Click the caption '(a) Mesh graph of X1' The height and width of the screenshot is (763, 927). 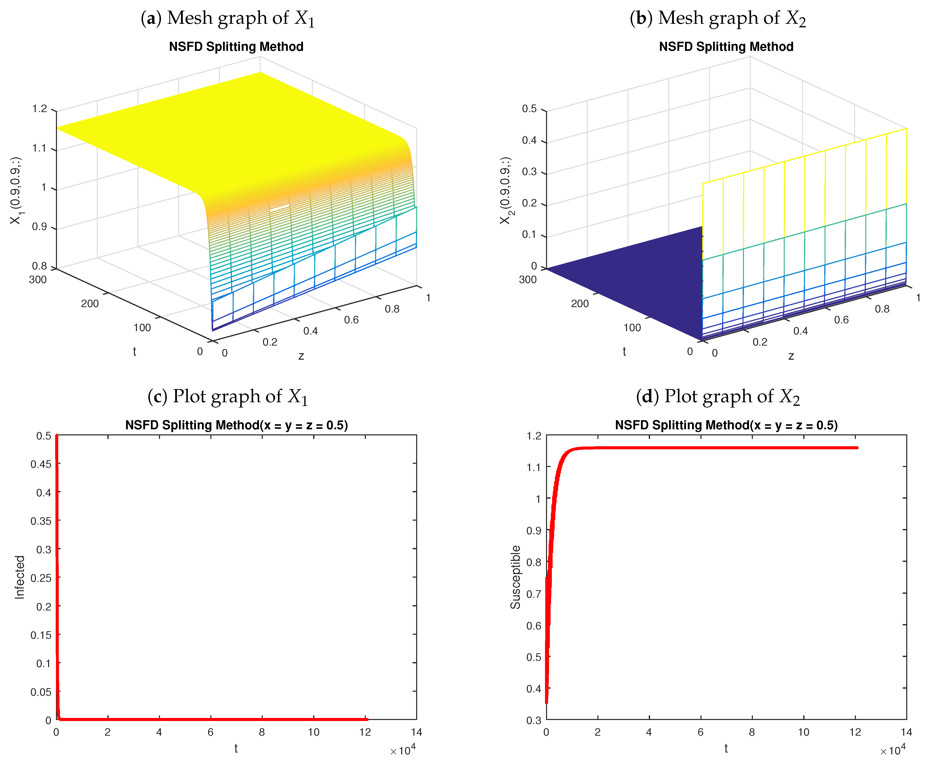[x=227, y=18]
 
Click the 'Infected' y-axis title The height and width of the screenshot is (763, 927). [x=20, y=577]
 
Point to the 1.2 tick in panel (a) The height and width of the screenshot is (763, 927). [x=39, y=109]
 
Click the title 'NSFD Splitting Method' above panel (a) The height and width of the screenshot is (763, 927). [x=236, y=47]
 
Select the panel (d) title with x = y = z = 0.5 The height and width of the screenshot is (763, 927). [x=726, y=425]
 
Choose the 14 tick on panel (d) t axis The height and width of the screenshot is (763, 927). [x=906, y=732]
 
